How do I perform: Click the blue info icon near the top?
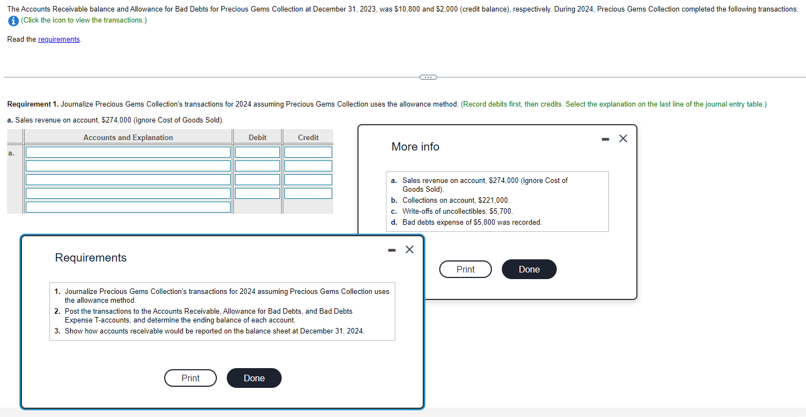(13, 20)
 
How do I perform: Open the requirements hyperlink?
(59, 40)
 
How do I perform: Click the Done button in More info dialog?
(529, 269)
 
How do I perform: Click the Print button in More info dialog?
(465, 269)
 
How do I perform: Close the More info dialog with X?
(623, 138)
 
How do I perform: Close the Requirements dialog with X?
(409, 249)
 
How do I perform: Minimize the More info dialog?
(605, 139)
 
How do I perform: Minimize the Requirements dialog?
(391, 250)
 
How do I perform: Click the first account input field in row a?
(128, 152)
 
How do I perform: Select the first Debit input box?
(258, 152)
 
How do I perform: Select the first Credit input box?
(308, 152)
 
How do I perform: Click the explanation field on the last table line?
(128, 207)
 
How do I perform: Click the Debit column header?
(258, 137)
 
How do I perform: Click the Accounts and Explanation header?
(128, 137)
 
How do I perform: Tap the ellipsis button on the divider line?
(428, 77)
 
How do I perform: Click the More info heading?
(415, 147)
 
